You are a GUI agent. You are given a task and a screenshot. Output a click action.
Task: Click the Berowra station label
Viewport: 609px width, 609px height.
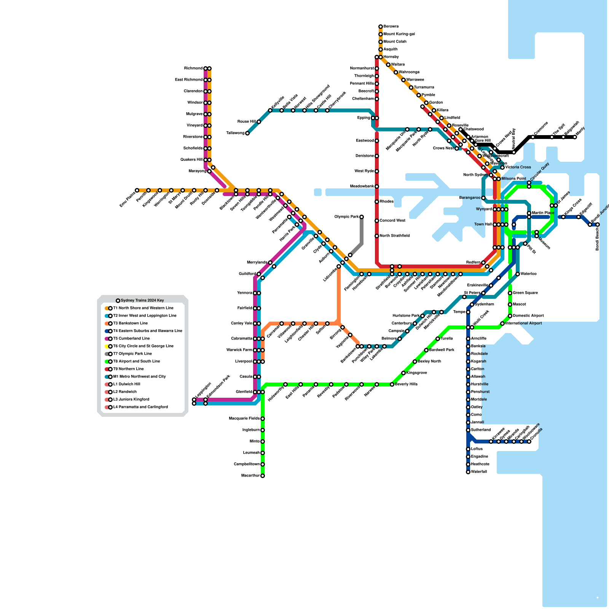point(391,27)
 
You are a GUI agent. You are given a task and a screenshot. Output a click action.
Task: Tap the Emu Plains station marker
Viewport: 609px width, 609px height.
point(137,190)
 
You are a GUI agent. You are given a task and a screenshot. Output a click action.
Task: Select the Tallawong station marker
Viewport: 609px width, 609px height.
point(247,133)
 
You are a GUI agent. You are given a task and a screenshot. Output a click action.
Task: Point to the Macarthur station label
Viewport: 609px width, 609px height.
point(250,476)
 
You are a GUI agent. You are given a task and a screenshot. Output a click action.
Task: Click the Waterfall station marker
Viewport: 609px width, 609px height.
point(468,472)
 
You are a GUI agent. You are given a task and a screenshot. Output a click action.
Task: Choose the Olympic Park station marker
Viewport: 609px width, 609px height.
point(362,217)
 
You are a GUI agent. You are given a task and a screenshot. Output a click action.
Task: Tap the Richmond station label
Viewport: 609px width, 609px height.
point(193,69)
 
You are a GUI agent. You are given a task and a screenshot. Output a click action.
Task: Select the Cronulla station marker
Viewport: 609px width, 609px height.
point(529,442)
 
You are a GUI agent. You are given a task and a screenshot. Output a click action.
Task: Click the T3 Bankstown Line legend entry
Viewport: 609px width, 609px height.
point(130,324)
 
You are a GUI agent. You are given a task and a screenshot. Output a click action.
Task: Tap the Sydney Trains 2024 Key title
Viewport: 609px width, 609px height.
point(142,301)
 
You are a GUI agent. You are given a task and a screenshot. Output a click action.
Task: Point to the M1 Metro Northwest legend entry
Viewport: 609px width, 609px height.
point(139,377)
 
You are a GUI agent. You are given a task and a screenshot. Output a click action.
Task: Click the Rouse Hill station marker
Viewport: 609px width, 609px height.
point(259,122)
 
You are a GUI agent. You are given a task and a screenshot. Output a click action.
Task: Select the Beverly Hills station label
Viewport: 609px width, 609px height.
point(406,384)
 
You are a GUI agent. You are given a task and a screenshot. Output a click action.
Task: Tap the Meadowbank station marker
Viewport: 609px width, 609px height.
point(377,187)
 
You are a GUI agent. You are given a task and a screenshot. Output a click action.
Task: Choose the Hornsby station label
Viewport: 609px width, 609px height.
point(391,57)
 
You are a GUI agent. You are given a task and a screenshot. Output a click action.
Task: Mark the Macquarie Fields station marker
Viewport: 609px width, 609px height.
point(263,419)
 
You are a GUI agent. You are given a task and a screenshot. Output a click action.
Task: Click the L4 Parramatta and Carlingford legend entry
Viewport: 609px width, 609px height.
point(140,407)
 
